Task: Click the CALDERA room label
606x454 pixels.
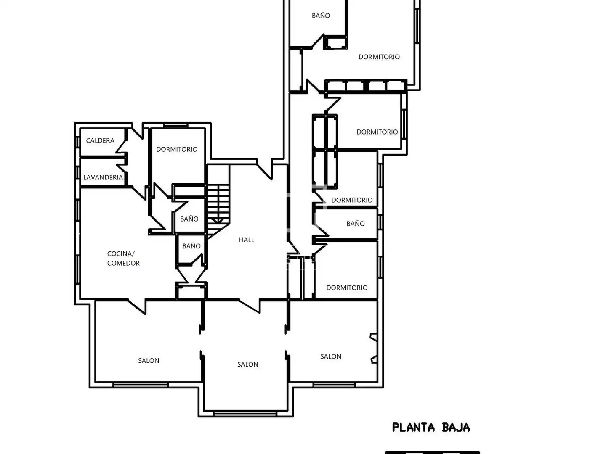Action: pyautogui.click(x=100, y=140)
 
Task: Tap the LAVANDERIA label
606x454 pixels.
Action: pyautogui.click(x=103, y=177)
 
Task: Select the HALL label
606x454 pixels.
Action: pyautogui.click(x=247, y=240)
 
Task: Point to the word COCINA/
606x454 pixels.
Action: pyautogui.click(x=121, y=253)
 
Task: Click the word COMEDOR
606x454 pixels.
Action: pyautogui.click(x=123, y=263)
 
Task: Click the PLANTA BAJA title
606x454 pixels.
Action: pyautogui.click(x=431, y=428)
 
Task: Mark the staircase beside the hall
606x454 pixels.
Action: pyautogui.click(x=218, y=204)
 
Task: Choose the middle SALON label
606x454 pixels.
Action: pyautogui.click(x=247, y=364)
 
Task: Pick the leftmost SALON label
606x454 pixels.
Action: pyautogui.click(x=149, y=361)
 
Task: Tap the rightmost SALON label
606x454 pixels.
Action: pyautogui.click(x=331, y=356)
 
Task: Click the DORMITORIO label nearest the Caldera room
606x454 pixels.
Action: pyautogui.click(x=177, y=149)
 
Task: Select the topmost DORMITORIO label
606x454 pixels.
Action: pyautogui.click(x=379, y=57)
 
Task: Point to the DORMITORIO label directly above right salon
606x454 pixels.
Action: pyautogui.click(x=347, y=288)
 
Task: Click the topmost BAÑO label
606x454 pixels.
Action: pyautogui.click(x=321, y=16)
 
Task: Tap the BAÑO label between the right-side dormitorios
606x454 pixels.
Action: pyautogui.click(x=356, y=224)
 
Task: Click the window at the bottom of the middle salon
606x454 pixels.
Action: pyautogui.click(x=245, y=414)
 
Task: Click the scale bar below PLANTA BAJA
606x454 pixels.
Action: pyautogui.click(x=433, y=452)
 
